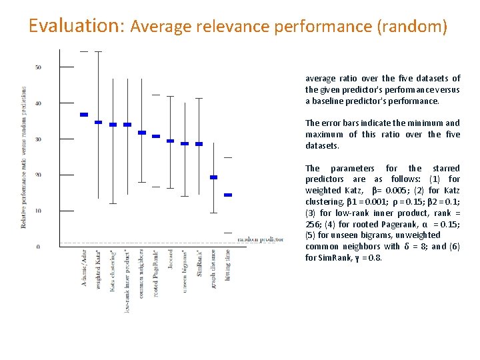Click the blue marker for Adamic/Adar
click(x=84, y=115)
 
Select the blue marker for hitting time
click(x=227, y=195)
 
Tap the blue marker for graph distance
click(x=213, y=177)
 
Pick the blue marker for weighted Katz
click(x=98, y=122)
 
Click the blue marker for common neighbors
click(x=141, y=133)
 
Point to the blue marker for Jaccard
click(x=170, y=141)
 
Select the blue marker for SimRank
click(x=199, y=143)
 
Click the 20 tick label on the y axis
click(x=39, y=175)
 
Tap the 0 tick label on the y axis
click(x=39, y=247)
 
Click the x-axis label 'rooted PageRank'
click(x=155, y=274)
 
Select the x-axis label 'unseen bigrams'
click(x=185, y=271)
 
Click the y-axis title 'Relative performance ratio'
click(x=24, y=157)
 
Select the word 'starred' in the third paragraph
click(x=445, y=168)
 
